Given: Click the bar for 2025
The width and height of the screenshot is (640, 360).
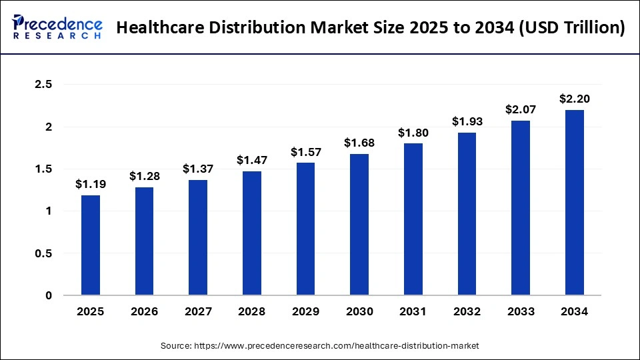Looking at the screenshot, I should [91, 245].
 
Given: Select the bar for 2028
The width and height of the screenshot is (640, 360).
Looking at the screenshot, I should [252, 233].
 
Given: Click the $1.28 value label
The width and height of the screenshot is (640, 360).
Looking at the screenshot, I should [144, 176].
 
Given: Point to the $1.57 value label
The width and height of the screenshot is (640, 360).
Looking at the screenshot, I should [305, 152].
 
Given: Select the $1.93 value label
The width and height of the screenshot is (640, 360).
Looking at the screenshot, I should [467, 121].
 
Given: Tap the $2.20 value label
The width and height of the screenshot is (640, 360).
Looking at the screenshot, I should [575, 99].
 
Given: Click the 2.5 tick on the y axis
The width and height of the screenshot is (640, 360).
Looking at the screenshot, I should [43, 85].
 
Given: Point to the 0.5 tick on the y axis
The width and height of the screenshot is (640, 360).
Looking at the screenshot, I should [43, 253].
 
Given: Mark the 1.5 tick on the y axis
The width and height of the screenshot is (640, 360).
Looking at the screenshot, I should [43, 169].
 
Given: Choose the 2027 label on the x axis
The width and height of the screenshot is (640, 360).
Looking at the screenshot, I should [198, 311].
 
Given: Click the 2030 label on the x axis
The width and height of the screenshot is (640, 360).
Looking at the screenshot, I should [359, 311].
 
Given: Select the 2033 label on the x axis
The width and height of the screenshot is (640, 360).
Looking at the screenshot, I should [521, 311].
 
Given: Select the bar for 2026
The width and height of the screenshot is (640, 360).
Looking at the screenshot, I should [144, 241].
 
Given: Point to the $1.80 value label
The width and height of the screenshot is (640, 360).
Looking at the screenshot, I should [413, 133].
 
